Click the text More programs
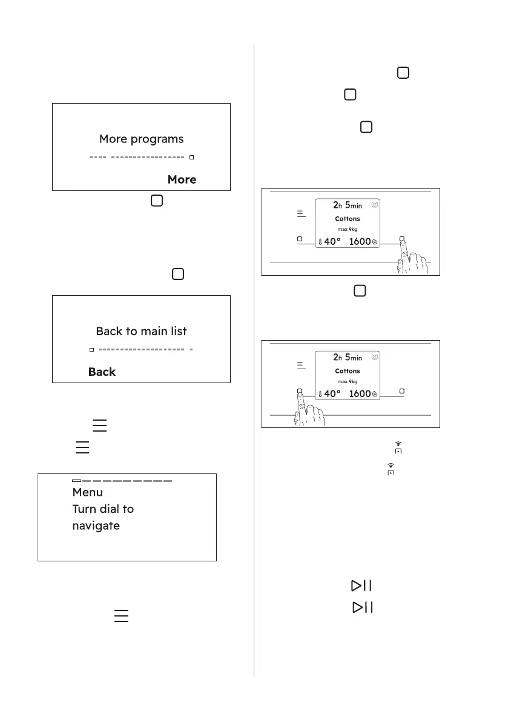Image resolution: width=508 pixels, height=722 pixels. (141, 139)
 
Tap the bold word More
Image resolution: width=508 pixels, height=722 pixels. (182, 179)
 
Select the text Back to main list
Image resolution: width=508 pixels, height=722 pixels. (141, 331)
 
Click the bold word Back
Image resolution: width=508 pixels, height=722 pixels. (102, 372)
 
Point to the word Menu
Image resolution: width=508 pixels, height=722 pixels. (87, 492)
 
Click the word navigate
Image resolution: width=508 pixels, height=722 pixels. (96, 526)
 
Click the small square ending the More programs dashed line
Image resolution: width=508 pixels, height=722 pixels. (192, 158)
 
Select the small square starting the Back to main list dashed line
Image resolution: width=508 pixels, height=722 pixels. (91, 350)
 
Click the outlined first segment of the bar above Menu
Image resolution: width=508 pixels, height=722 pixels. (76, 481)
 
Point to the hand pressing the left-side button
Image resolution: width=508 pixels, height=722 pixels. (309, 409)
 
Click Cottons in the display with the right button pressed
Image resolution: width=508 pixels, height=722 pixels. (347, 219)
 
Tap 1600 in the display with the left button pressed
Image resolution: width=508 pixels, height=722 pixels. (360, 393)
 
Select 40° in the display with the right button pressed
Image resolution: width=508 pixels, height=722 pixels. (332, 242)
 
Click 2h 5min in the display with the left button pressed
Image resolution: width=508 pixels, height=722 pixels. (347, 357)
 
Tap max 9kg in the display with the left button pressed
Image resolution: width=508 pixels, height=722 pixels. (347, 382)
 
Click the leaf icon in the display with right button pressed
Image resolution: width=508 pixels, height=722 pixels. (375, 205)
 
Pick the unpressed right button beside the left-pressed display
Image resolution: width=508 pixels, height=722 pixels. (402, 391)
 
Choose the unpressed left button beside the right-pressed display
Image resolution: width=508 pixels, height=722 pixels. (300, 239)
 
